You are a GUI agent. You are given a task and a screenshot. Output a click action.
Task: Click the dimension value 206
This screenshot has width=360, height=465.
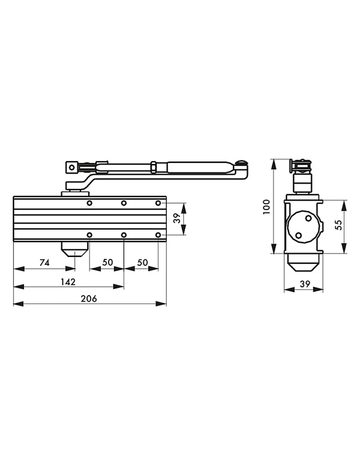pos(89,298)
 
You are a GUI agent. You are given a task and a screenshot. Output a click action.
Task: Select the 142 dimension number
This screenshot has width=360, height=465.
pos(68,282)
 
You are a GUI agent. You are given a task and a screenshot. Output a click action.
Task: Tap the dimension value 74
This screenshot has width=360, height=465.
pos(45,262)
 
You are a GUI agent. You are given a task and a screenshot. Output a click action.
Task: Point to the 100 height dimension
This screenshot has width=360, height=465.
pos(267,206)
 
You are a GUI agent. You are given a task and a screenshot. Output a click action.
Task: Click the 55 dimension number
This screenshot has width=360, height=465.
pos(339,225)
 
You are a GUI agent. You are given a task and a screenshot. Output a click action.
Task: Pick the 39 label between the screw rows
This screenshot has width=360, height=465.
pos(177,218)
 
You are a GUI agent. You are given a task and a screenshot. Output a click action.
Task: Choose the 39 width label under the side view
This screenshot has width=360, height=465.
pos(305,284)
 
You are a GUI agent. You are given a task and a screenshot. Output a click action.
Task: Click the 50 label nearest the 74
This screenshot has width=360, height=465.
pos(107,262)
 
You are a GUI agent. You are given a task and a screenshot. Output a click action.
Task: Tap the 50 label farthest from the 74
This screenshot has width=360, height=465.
pos(142,262)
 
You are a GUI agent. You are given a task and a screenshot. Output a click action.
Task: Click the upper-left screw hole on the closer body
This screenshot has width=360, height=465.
pos(90,203)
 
